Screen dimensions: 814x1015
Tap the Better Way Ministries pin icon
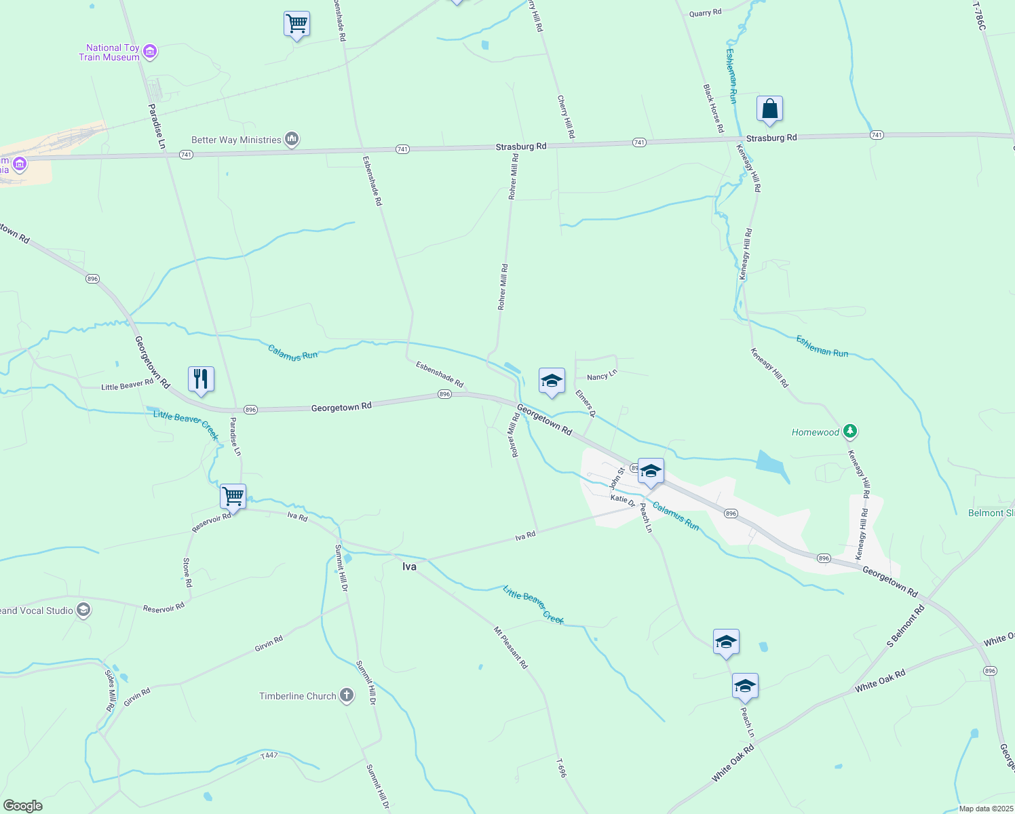coord(292,140)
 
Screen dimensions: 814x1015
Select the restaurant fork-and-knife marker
coord(201,379)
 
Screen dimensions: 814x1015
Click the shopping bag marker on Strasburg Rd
coord(769,109)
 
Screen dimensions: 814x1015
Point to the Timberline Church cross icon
coord(347,696)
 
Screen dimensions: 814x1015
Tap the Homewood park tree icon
coord(850,431)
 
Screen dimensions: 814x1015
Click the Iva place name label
coord(409,566)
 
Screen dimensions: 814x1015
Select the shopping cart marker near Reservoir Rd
coord(233,497)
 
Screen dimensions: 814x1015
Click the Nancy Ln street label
coord(602,376)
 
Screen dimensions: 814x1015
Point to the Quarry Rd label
coord(705,13)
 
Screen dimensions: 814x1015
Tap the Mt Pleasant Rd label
coord(511,648)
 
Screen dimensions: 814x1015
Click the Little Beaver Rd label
coord(128,385)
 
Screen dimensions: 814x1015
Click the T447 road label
coord(269,755)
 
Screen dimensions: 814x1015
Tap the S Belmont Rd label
coord(906,625)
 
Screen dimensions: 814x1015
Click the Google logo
coord(22,806)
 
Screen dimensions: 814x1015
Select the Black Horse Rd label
coord(713,109)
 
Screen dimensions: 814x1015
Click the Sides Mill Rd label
coord(111,690)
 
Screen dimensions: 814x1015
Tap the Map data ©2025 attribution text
coord(984,809)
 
